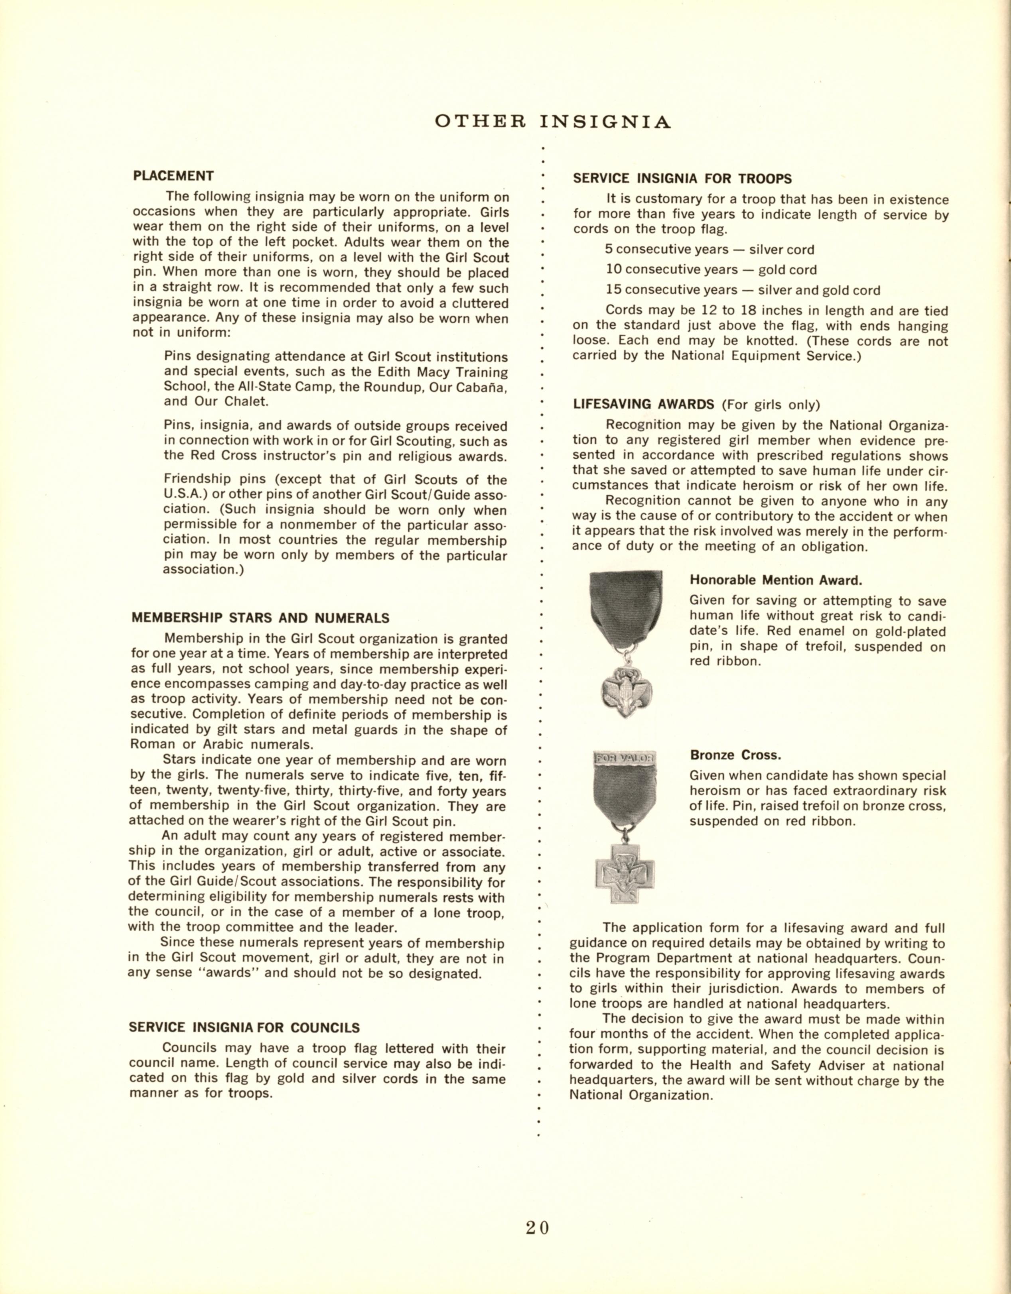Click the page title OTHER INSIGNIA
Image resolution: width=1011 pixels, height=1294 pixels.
pos(552,122)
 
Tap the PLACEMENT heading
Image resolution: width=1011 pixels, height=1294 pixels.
pos(173,176)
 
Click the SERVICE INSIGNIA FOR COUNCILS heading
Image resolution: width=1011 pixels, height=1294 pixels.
pos(244,1027)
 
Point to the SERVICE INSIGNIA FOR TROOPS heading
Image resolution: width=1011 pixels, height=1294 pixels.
pos(682,178)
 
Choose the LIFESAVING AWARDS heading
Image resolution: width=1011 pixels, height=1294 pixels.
pos(644,405)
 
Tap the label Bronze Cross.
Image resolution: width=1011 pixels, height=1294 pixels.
pos(735,755)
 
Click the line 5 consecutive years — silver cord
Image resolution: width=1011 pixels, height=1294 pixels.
pos(709,250)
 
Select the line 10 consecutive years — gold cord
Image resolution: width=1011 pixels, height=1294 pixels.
pos(711,269)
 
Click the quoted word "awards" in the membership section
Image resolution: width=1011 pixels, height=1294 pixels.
pos(228,973)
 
